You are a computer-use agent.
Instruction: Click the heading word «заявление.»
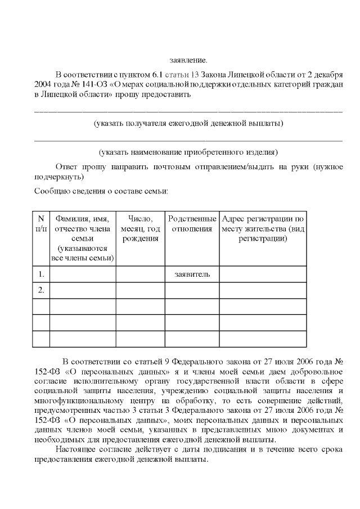(x=188, y=59)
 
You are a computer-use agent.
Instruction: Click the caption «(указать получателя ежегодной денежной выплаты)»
(x=188, y=123)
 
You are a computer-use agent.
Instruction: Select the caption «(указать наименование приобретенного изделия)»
(x=188, y=152)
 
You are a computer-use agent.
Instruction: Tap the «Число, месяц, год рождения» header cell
(x=140, y=228)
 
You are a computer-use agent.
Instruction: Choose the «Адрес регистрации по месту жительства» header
(x=263, y=228)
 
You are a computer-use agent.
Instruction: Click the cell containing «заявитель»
(x=192, y=274)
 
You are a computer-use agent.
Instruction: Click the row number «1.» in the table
(x=41, y=274)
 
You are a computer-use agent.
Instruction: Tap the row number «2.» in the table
(x=41, y=290)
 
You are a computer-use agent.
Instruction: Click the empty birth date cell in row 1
(x=140, y=274)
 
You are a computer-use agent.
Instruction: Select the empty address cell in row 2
(x=263, y=290)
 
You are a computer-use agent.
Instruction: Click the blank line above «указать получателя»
(x=188, y=110)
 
